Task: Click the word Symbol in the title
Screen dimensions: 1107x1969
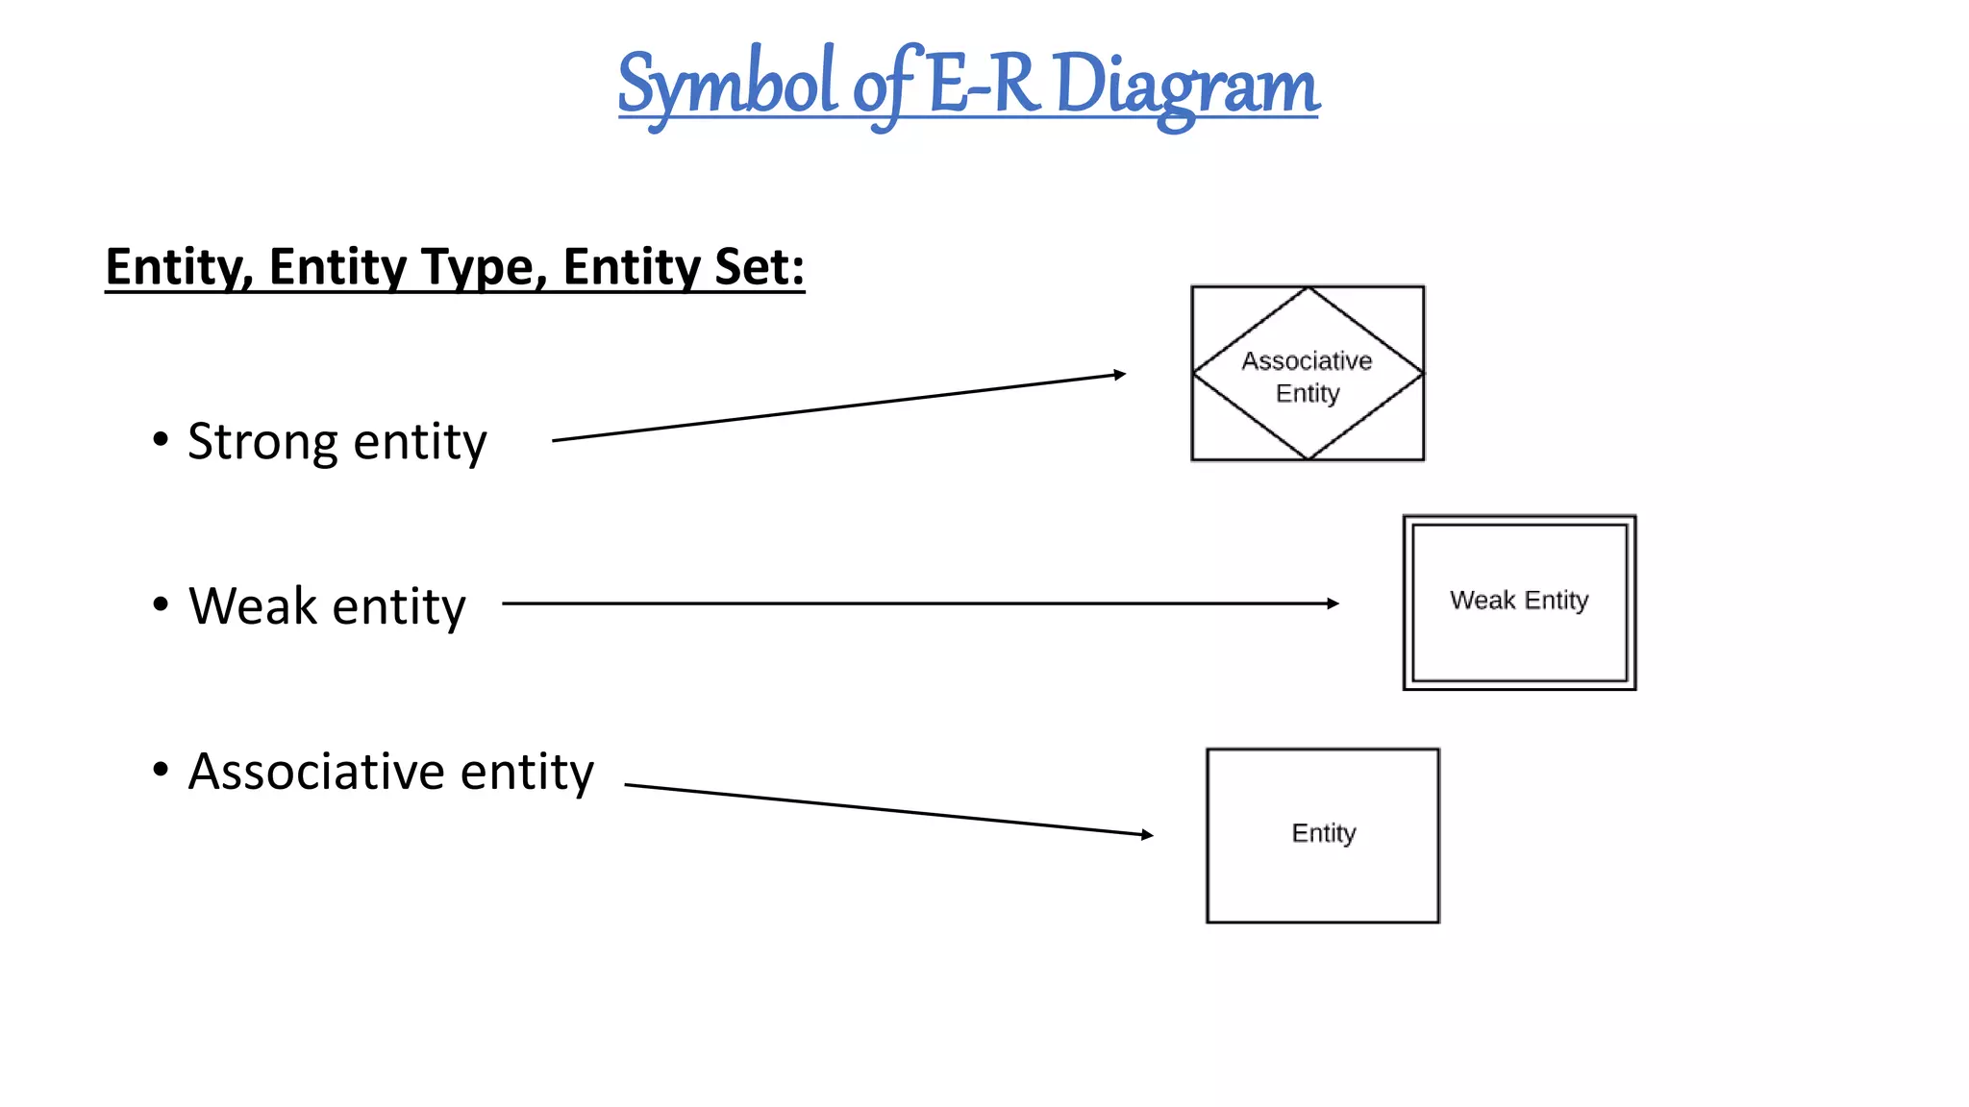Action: pos(727,85)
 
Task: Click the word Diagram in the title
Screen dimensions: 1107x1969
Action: pos(1186,85)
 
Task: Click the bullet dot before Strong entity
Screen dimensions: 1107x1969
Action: pos(161,440)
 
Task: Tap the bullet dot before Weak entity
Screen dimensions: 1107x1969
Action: pos(161,604)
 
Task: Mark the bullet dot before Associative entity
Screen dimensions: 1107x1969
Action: pos(161,769)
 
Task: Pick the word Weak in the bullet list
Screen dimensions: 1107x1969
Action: pos(253,606)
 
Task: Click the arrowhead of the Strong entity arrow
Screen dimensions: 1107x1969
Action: pos(1120,374)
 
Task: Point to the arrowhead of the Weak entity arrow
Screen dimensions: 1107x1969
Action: pos(1333,603)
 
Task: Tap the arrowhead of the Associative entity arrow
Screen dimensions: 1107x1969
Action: pos(1147,834)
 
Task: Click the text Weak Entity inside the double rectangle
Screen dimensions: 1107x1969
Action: pos(1519,601)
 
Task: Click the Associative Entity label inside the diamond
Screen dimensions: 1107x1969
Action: pos(1308,376)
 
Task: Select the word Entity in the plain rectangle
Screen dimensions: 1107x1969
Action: pos(1324,833)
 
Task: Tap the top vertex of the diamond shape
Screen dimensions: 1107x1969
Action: pos(1308,288)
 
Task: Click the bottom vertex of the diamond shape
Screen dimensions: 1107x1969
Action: pos(1308,457)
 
